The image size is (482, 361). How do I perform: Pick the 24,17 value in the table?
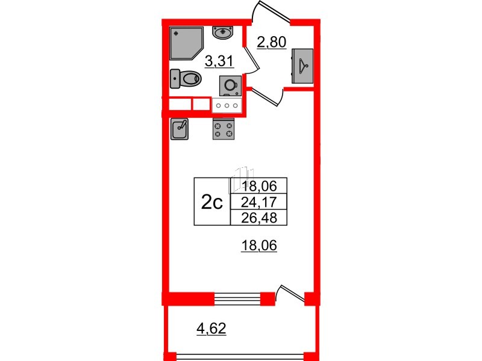258,202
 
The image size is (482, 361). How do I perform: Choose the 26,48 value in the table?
258,218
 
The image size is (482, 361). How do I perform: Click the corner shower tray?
187,42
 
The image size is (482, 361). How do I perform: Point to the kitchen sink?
181,128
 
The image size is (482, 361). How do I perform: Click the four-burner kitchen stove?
225,128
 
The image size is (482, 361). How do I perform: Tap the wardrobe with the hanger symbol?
303,65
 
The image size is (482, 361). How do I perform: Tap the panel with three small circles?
227,105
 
